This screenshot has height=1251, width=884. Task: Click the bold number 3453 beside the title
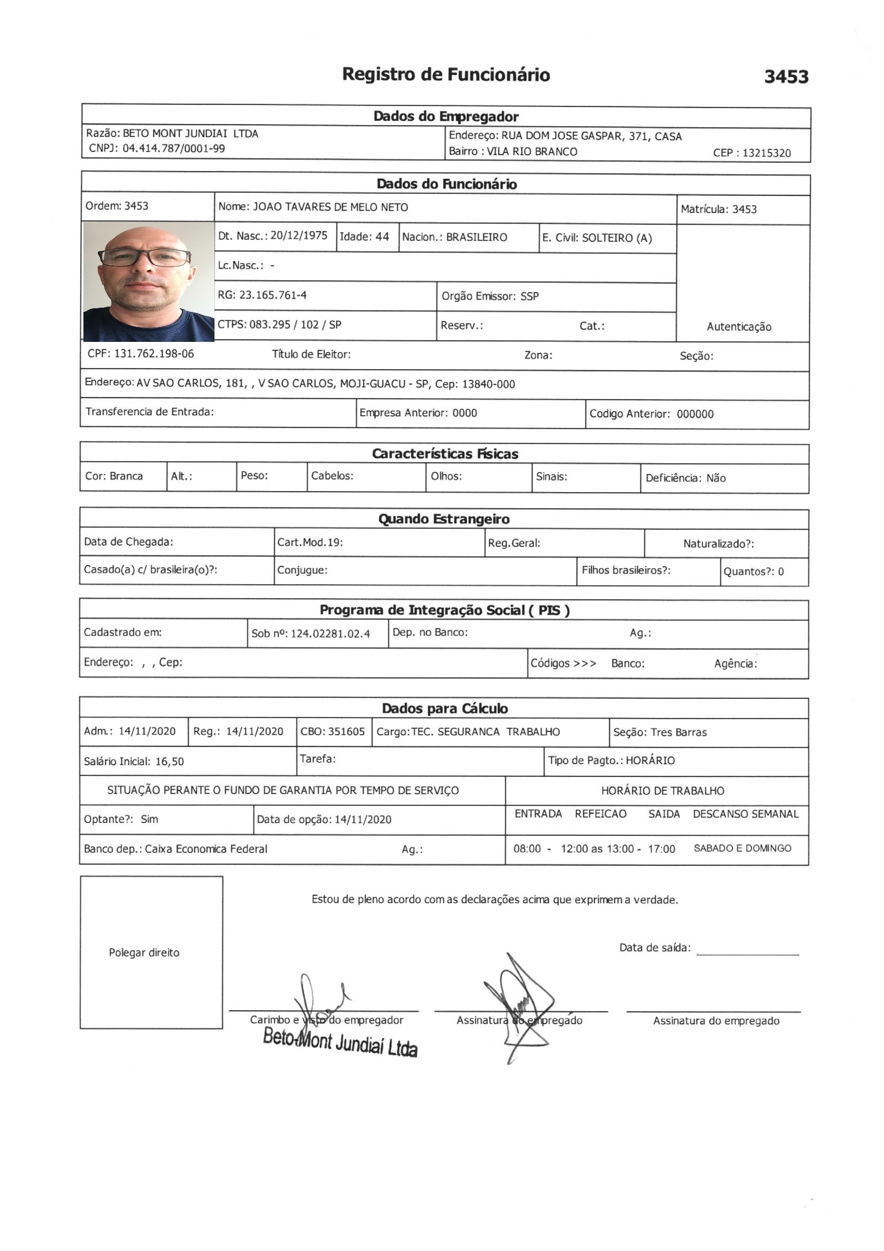tap(786, 77)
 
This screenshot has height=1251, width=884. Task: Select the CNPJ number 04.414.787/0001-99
tap(173, 148)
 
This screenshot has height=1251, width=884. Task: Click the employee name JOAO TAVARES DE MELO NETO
tap(330, 207)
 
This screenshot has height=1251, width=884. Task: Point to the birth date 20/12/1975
tap(298, 235)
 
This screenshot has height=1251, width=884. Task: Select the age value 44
tap(382, 237)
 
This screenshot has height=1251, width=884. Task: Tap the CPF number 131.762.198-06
tap(153, 354)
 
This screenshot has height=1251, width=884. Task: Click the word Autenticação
tap(739, 327)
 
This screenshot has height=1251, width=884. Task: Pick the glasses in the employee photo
tap(144, 257)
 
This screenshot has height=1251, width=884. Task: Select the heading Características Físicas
tap(444, 454)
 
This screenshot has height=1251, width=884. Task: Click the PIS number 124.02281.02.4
tap(330, 634)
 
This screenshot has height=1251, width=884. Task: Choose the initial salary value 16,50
tap(170, 762)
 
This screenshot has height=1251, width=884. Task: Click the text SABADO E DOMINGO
tap(742, 848)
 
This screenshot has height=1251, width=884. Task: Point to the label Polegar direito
tap(144, 952)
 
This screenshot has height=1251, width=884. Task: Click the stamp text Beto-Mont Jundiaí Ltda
tap(340, 1042)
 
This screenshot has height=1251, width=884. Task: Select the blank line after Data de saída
tap(747, 955)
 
